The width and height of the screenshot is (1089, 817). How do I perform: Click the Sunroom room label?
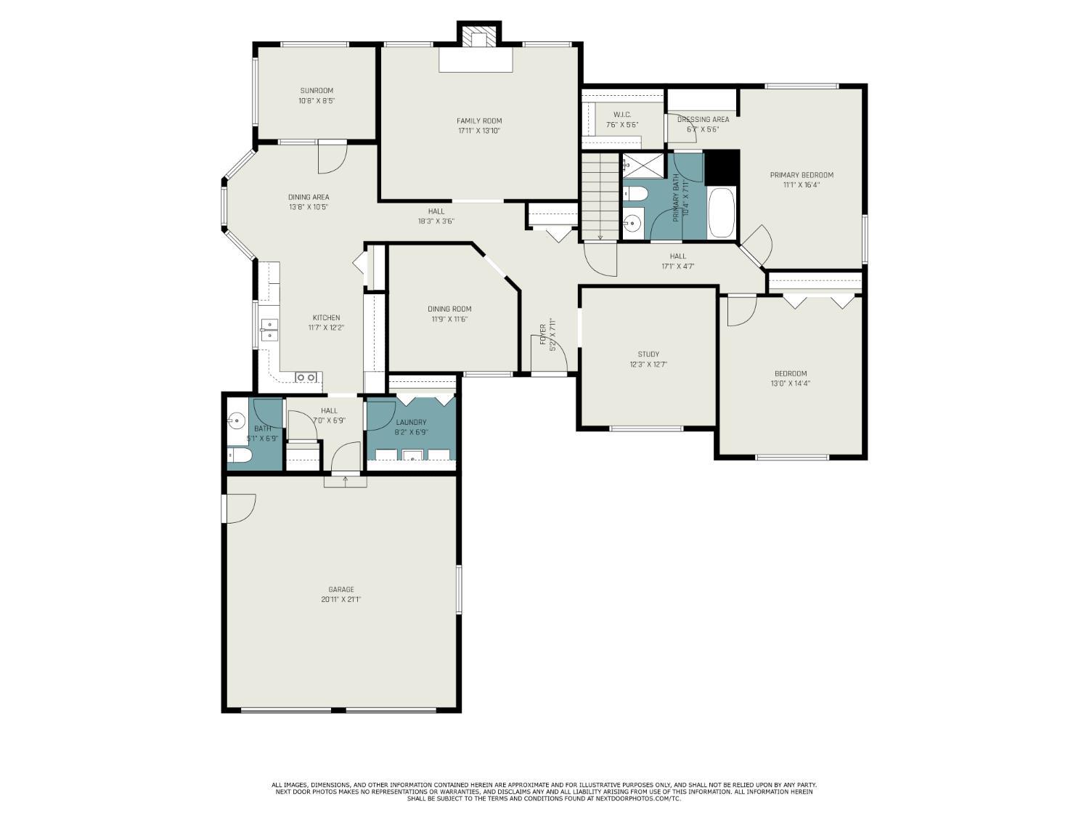point(317,91)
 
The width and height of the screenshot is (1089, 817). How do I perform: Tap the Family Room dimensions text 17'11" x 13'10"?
point(479,131)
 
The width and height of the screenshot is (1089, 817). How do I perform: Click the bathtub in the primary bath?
point(721,213)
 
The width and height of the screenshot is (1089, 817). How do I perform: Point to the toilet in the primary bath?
point(636,194)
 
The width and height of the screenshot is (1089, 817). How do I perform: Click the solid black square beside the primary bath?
point(722,168)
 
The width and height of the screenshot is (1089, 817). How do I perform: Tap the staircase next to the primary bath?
point(600,196)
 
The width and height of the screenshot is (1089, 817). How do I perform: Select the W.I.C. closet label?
point(622,115)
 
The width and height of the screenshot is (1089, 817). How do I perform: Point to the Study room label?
point(648,354)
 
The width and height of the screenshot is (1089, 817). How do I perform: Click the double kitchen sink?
point(268,330)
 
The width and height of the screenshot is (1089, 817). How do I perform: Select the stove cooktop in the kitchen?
point(306,377)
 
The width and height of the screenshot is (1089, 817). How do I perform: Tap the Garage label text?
point(341,590)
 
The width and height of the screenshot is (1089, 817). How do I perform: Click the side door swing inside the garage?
point(240,508)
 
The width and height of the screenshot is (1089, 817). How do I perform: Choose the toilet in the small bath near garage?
point(240,455)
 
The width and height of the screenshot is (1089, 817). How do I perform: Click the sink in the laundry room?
point(413,455)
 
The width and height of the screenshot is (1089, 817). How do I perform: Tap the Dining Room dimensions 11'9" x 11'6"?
point(449,319)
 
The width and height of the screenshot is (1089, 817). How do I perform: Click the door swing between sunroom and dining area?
point(332,158)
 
